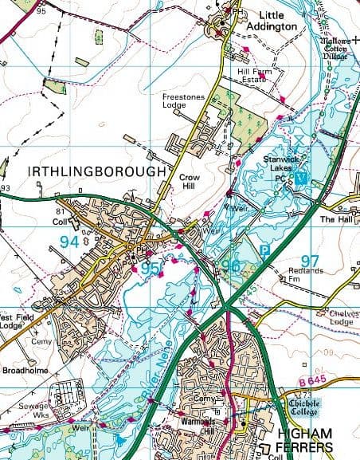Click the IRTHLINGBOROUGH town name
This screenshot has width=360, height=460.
[x=96, y=171]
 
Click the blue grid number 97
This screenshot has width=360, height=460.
[x=310, y=261]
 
